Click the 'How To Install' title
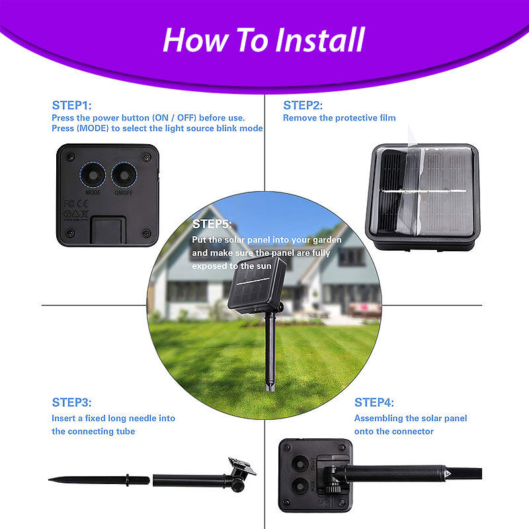pyautogui.click(x=264, y=40)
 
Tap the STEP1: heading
pyautogui.click(x=71, y=105)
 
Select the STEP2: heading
pyautogui.click(x=303, y=105)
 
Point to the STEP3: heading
pyautogui.click(x=71, y=402)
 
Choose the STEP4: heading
pyautogui.click(x=374, y=402)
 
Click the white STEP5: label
pyautogui.click(x=212, y=224)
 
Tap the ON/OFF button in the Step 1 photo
pyautogui.click(x=124, y=175)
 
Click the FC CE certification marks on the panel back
pyautogui.click(x=76, y=204)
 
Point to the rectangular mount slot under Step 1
pyautogui.click(x=108, y=230)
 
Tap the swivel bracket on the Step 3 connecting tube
pyautogui.click(x=240, y=472)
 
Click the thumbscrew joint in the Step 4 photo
pyautogui.click(x=333, y=479)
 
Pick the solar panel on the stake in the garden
pyautogui.click(x=257, y=285)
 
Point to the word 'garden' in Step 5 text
pyautogui.click(x=327, y=240)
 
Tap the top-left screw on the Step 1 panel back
pyautogui.click(x=70, y=157)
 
